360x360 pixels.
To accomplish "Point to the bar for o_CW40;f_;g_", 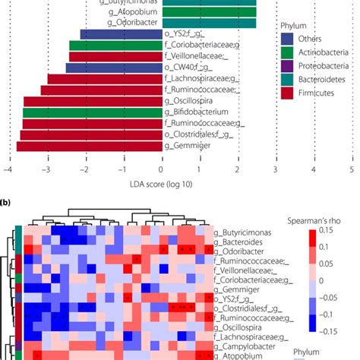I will coord(113,68).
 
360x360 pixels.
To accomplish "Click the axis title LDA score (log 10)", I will coord(161,182).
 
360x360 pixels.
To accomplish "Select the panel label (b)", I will coord(7,204).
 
